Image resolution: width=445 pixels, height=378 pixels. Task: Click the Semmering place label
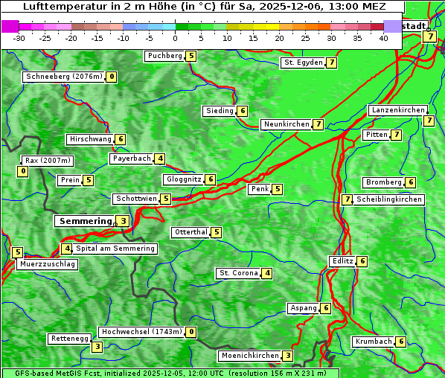click(84, 221)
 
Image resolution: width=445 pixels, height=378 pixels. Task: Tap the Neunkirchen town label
click(286, 124)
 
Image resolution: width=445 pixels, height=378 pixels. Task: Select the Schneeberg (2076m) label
click(63, 77)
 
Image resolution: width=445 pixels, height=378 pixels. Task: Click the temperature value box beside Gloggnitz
click(211, 179)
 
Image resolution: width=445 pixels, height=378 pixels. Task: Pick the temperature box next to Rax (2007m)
click(22, 172)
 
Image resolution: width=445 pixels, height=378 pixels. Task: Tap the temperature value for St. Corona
click(266, 273)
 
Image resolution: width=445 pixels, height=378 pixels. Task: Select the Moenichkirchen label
click(250, 356)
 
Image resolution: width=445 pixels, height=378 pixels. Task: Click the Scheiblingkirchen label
click(389, 199)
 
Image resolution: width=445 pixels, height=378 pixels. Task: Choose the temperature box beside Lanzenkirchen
click(428, 121)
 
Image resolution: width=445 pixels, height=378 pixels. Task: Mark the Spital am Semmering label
click(115, 249)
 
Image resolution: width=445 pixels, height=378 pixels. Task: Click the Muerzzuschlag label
click(47, 264)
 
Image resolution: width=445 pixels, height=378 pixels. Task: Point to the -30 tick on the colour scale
click(19, 37)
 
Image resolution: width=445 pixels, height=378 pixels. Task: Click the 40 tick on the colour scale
click(383, 37)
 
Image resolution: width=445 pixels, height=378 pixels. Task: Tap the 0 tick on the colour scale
click(175, 37)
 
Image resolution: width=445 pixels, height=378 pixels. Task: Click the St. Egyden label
click(303, 63)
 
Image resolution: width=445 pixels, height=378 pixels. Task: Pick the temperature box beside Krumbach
click(401, 342)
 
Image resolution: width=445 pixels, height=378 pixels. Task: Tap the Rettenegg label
click(70, 339)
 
